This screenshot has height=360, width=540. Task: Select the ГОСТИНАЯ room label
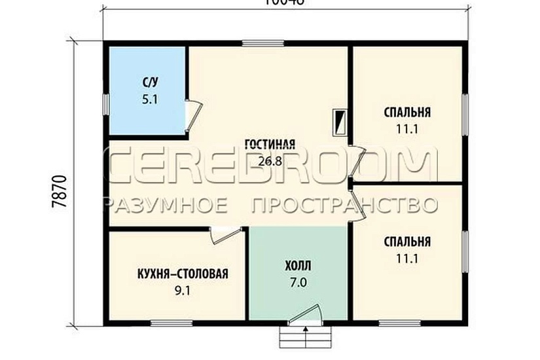tap(270, 145)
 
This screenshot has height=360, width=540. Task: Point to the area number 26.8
tap(270, 161)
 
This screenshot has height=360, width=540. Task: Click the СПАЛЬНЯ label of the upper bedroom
tap(407, 112)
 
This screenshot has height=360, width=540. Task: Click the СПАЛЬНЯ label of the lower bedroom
tap(407, 242)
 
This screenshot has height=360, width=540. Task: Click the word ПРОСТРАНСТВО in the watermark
tap(344, 205)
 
